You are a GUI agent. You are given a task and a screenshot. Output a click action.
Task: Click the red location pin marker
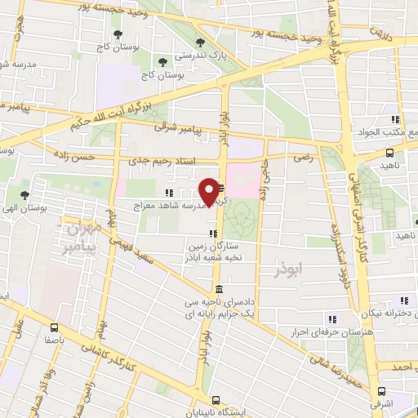[213, 191]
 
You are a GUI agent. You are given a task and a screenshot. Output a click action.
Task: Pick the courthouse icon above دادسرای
[219, 290]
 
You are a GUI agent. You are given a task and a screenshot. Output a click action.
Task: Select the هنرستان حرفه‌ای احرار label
[328, 331]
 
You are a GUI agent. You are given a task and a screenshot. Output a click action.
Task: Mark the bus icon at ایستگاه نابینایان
[216, 399]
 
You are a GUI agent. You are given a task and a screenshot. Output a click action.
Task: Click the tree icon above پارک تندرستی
[201, 42]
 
